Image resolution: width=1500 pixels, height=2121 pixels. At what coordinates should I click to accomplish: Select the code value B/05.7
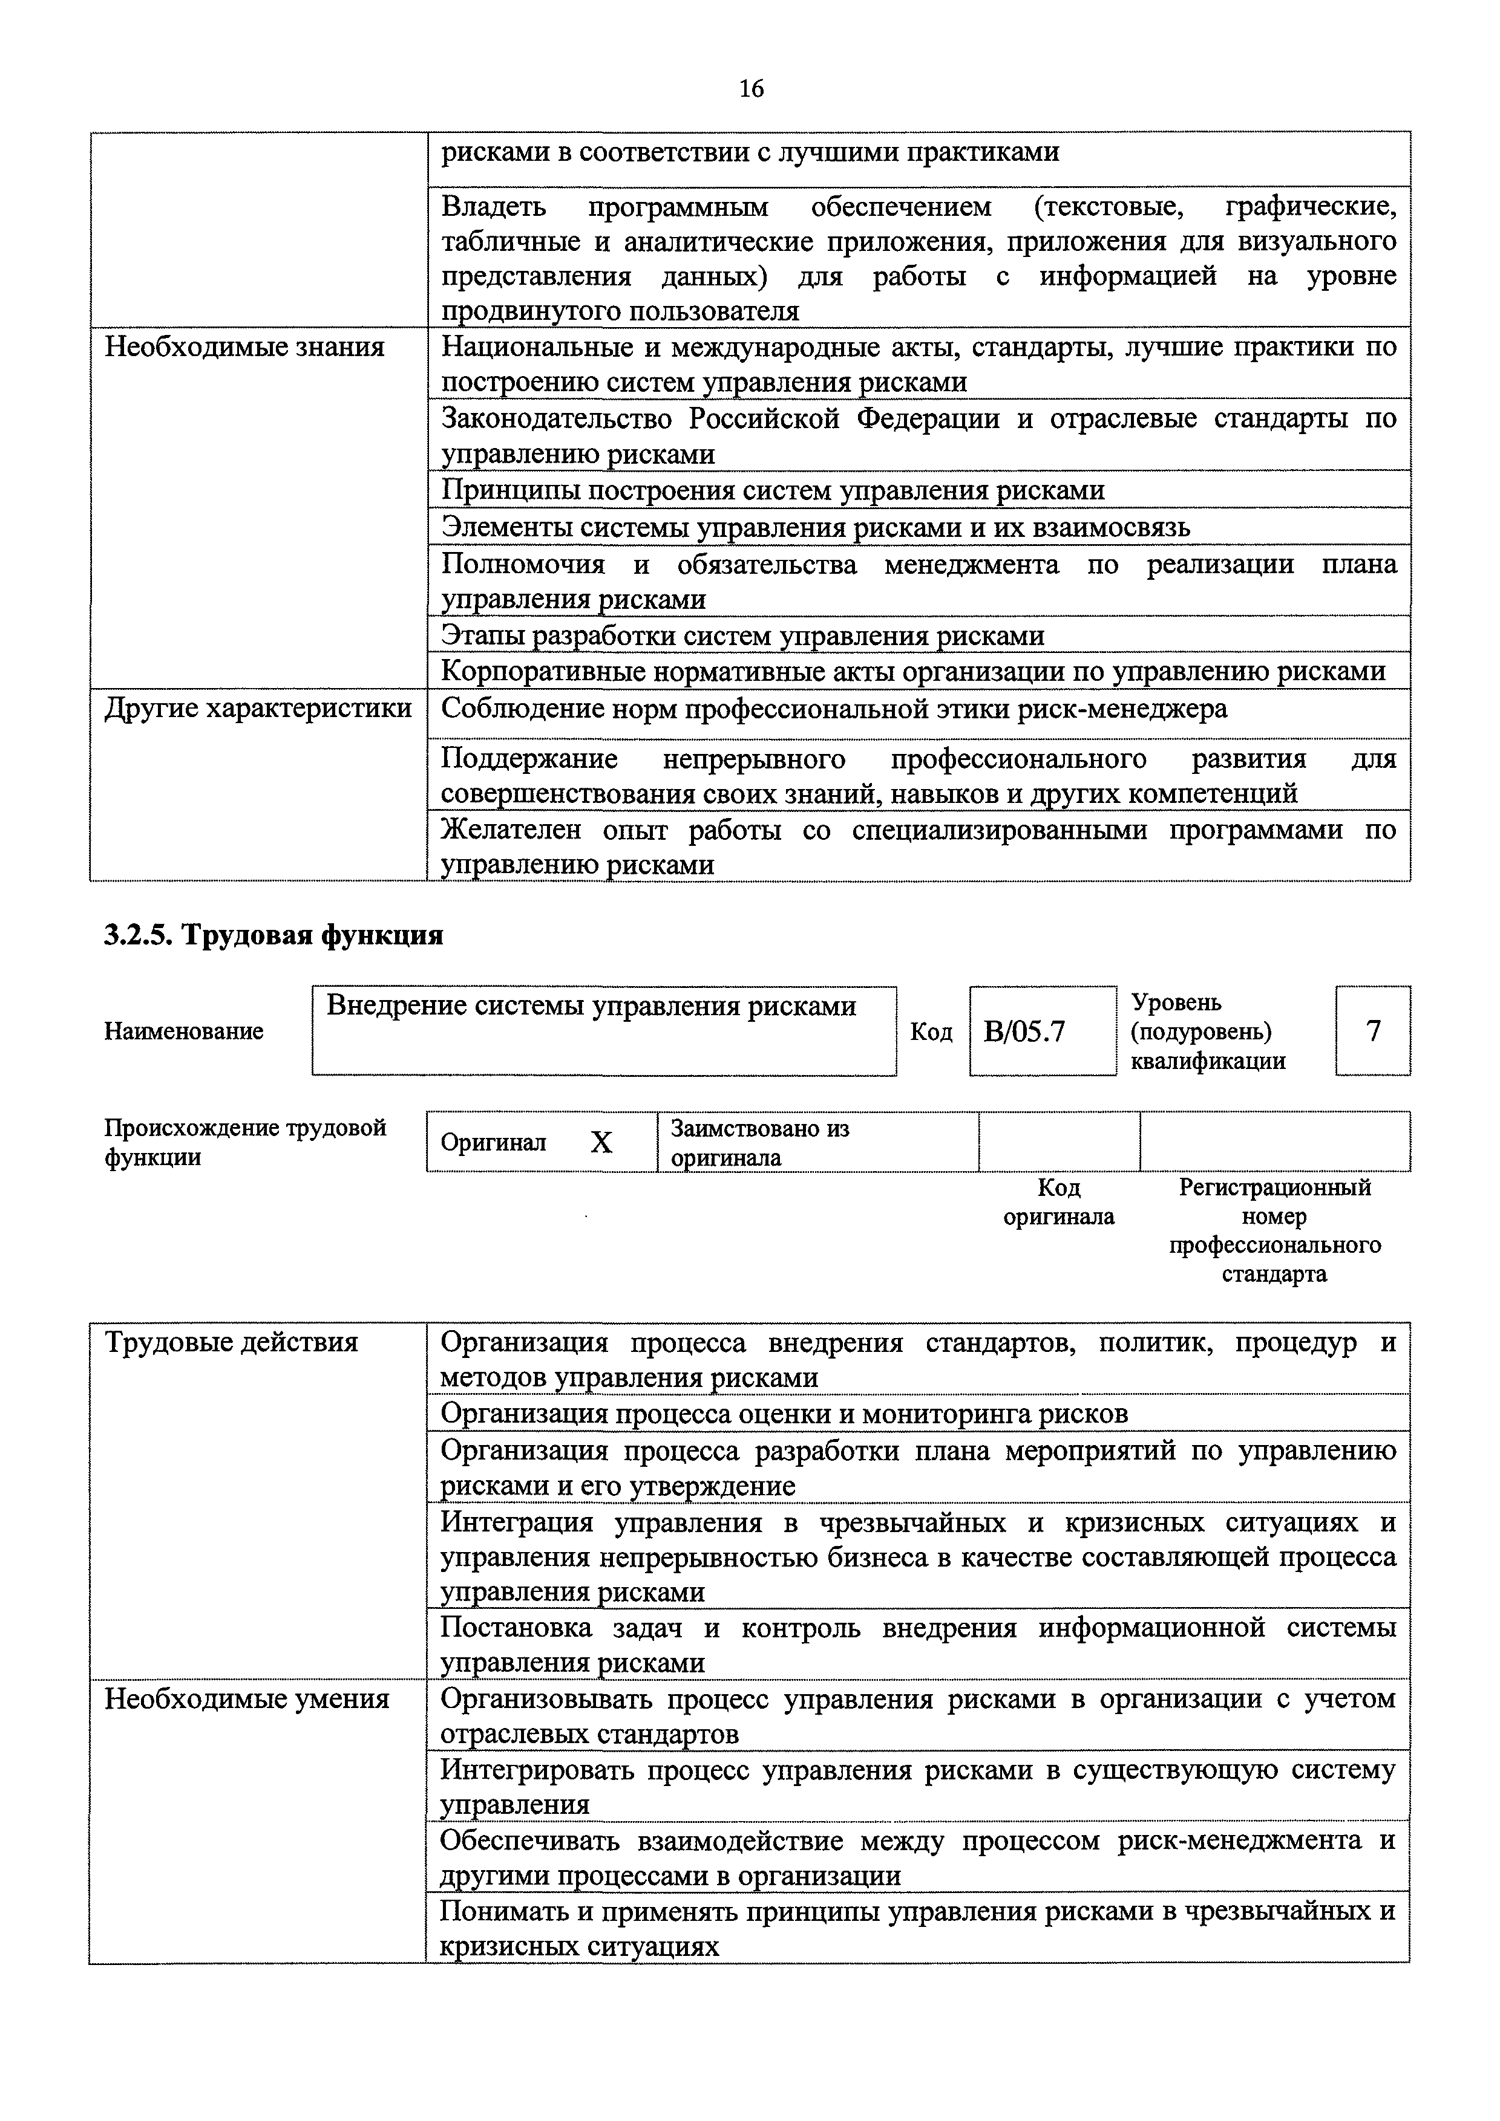pos(1023,1031)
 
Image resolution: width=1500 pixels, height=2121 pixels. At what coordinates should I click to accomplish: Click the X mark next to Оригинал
pos(601,1144)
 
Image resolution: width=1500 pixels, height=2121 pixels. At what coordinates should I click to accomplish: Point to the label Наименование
pos(184,1031)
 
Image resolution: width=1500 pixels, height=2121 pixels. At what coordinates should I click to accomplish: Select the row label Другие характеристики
pos(258,709)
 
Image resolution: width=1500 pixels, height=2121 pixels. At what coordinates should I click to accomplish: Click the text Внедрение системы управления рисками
pos(592,1006)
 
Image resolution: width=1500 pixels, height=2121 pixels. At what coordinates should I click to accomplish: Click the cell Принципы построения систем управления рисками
pos(773,490)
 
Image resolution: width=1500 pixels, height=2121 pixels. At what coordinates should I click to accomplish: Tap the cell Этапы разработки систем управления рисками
pos(743,635)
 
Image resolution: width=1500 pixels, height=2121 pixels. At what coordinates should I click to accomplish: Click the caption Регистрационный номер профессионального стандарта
pos(1274,1230)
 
